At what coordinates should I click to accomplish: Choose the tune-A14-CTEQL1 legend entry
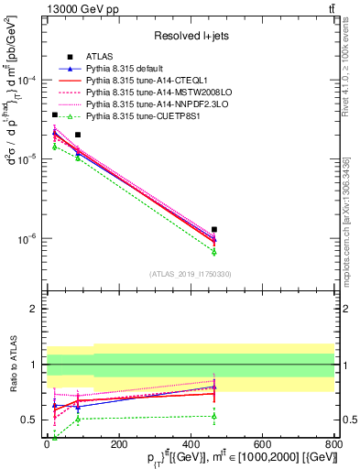point(144,80)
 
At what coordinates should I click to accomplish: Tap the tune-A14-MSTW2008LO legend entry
point(151,92)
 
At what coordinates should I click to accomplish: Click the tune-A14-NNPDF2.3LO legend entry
point(151,104)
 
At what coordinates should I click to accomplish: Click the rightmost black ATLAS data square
point(214,229)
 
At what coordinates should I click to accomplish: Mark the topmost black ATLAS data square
point(55,115)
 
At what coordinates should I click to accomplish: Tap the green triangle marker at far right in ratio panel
point(214,416)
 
